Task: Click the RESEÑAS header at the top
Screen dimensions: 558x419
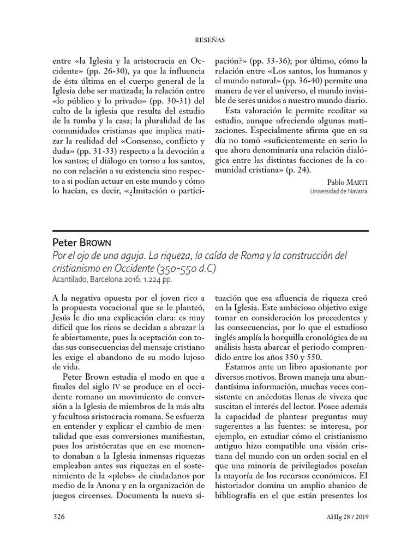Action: click(209, 40)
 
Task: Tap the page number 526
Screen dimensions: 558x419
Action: click(59, 517)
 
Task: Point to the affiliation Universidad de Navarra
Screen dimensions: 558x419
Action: click(338, 191)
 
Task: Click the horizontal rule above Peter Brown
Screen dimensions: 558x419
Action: click(209, 230)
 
